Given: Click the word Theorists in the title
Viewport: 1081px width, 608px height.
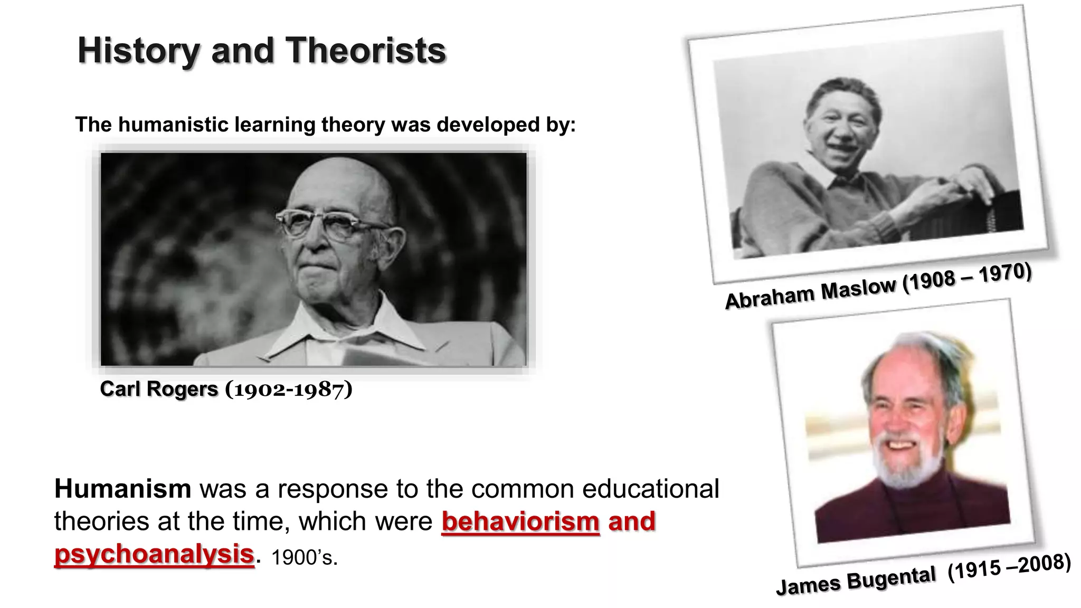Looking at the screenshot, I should (x=366, y=51).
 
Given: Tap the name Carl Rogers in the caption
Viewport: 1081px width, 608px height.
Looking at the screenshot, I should (x=159, y=389).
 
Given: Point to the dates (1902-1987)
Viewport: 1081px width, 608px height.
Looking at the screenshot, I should (x=289, y=389).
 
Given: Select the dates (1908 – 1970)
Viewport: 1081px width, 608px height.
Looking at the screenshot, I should (x=967, y=277).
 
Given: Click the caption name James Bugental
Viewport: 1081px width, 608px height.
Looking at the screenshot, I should (x=856, y=582).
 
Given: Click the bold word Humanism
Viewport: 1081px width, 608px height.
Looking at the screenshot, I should (x=122, y=489).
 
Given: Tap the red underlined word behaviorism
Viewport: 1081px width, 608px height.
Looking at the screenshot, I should (x=520, y=521).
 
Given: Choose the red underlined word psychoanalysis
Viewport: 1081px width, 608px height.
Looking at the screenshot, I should (x=154, y=554).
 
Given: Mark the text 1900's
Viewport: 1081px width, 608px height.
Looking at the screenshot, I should (x=304, y=558).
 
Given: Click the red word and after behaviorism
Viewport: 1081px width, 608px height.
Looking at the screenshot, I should (x=631, y=521).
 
